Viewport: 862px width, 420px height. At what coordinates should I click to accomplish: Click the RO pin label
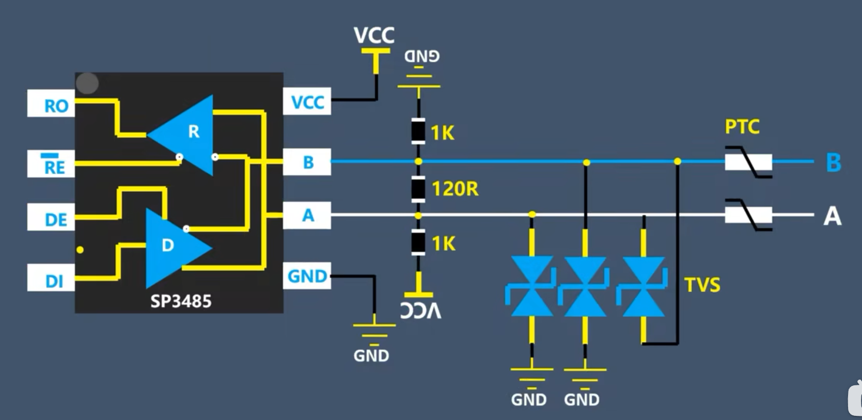point(56,106)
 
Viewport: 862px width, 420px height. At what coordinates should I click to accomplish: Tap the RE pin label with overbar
point(54,166)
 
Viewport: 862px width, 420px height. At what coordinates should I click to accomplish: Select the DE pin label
point(56,220)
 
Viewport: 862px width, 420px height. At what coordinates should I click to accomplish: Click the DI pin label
point(54,281)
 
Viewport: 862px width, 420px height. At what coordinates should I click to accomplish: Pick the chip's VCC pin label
point(308,102)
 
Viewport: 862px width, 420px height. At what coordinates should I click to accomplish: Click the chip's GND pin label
point(307,276)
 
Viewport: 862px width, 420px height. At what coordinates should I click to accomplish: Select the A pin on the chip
point(308,215)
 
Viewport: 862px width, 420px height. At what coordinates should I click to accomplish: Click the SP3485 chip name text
point(181,301)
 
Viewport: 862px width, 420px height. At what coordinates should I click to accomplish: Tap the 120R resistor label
point(455,189)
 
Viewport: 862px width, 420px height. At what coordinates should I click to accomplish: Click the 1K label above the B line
point(443,133)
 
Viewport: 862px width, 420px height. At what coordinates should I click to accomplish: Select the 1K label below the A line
point(443,244)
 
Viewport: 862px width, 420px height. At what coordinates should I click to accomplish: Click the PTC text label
point(742,127)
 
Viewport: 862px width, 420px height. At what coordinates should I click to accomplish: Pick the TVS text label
point(702,284)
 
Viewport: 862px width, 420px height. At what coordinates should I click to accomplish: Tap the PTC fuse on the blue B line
point(748,162)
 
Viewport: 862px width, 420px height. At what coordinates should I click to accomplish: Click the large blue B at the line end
point(833,162)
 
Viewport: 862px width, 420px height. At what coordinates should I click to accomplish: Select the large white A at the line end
point(832,216)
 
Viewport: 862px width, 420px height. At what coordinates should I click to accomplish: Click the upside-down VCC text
point(421,310)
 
